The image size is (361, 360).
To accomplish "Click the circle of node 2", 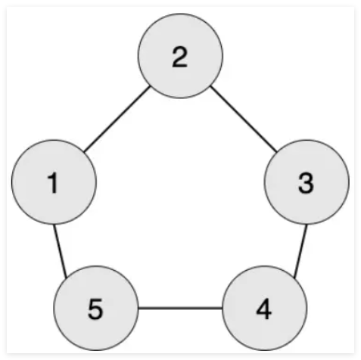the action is tap(180, 56).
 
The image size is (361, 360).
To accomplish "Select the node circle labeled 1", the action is tap(54, 182).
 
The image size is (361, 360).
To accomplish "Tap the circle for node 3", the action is tap(307, 182).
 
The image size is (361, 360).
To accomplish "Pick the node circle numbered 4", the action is tap(264, 308).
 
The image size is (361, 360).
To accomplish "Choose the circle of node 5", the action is tap(96, 308).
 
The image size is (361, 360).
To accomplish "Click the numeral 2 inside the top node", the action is tap(179, 57).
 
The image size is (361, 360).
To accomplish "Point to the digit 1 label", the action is tap(53, 184).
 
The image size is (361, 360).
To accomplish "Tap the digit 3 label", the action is tap(306, 184).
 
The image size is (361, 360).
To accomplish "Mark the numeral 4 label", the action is tap(264, 310).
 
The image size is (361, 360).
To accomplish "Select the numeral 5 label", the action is tap(95, 310).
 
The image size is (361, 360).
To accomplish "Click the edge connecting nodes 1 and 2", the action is tap(117, 119).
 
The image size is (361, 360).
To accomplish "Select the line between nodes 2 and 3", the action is tap(244, 119).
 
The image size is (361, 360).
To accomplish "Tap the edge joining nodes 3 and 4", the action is tap(300, 251).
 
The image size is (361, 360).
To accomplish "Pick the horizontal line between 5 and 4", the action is tap(180, 308).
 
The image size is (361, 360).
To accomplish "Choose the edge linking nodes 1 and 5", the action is tap(60, 251).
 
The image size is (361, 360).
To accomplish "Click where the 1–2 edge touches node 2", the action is tap(150, 87).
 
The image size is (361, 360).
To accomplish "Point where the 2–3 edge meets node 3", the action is tap(277, 152).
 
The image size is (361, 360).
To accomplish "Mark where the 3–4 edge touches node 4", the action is tap(294, 278).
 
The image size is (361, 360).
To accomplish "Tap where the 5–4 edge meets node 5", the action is tap(138, 308).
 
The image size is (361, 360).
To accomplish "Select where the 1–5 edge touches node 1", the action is tap(54, 225).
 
